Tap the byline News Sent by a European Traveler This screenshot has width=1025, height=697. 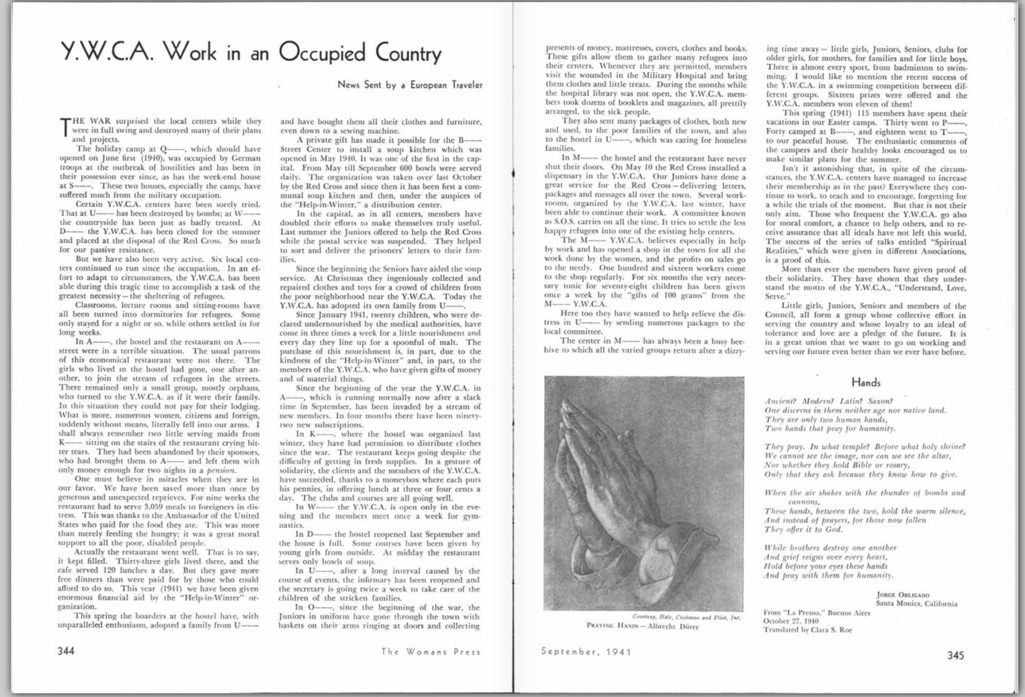(410, 85)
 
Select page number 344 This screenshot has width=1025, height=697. (66, 651)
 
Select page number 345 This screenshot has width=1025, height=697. (955, 655)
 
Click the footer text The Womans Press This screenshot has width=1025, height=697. (430, 652)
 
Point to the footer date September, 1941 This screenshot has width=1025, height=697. (586, 652)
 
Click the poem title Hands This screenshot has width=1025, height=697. (866, 382)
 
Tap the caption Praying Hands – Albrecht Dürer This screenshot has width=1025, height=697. (643, 626)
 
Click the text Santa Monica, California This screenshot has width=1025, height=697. (916, 603)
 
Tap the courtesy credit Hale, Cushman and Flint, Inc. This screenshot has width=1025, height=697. (686, 617)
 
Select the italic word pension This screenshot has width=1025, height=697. (222, 470)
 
